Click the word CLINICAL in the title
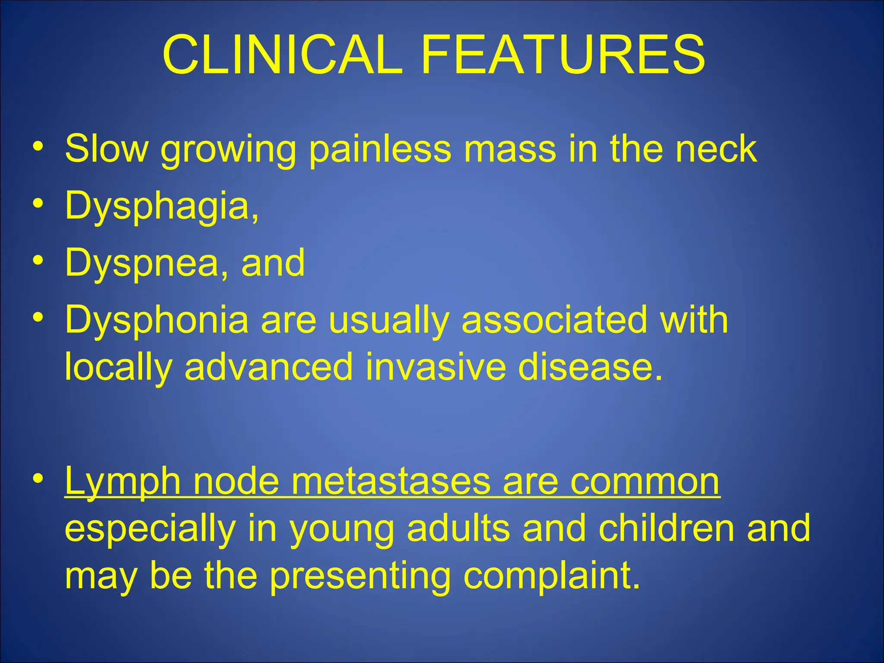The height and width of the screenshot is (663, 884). [x=282, y=55]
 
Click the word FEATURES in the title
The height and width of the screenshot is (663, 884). [x=563, y=55]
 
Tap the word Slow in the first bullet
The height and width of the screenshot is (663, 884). [x=106, y=148]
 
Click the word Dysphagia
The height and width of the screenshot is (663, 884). [x=162, y=207]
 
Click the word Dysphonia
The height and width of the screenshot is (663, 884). [x=157, y=320]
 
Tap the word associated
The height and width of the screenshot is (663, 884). [x=554, y=320]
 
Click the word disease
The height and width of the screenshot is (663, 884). [x=590, y=367]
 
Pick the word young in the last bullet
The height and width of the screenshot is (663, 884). [x=341, y=530]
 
